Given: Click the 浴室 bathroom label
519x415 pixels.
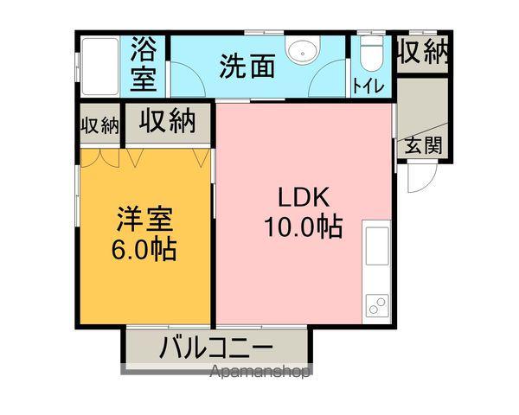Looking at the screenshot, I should point(144,65).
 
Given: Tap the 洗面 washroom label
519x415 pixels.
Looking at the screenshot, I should point(247,66).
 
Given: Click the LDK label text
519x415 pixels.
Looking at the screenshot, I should point(302,196).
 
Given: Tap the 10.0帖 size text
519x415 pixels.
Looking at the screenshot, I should point(302,227).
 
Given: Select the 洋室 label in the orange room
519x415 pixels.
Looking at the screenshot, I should point(144,219).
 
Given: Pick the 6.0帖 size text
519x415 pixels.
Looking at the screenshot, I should point(144,250).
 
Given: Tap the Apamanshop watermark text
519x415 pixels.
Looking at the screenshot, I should point(260,373).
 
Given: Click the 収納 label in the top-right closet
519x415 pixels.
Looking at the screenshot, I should point(423,53).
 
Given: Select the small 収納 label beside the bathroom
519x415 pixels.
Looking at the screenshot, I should point(99,124).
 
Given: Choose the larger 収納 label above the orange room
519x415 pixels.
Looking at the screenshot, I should point(169,122).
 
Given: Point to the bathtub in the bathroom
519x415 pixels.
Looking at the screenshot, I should point(101,66).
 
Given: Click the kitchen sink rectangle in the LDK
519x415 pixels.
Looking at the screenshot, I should point(377,246).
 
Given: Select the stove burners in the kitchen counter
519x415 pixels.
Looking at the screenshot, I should point(377,303).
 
